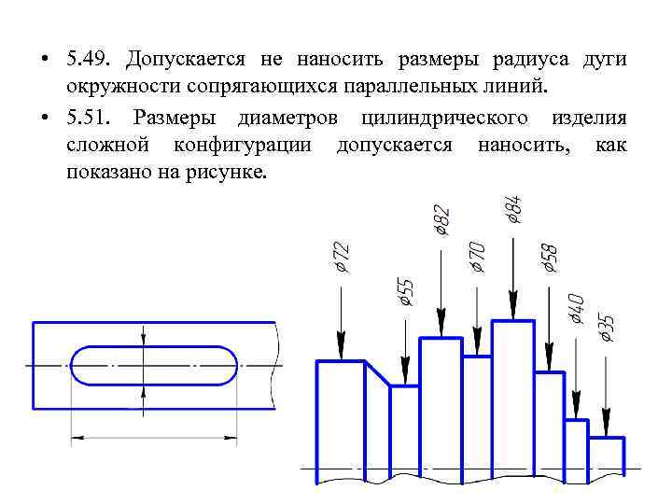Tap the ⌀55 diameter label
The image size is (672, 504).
(405, 291)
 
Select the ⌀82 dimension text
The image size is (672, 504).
(442, 220)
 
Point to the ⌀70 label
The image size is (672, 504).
(477, 255)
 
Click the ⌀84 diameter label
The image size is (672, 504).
(514, 208)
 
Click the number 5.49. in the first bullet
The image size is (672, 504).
(91, 60)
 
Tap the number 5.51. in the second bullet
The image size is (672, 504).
(91, 118)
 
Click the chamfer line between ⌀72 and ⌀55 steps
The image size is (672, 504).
(377, 372)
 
